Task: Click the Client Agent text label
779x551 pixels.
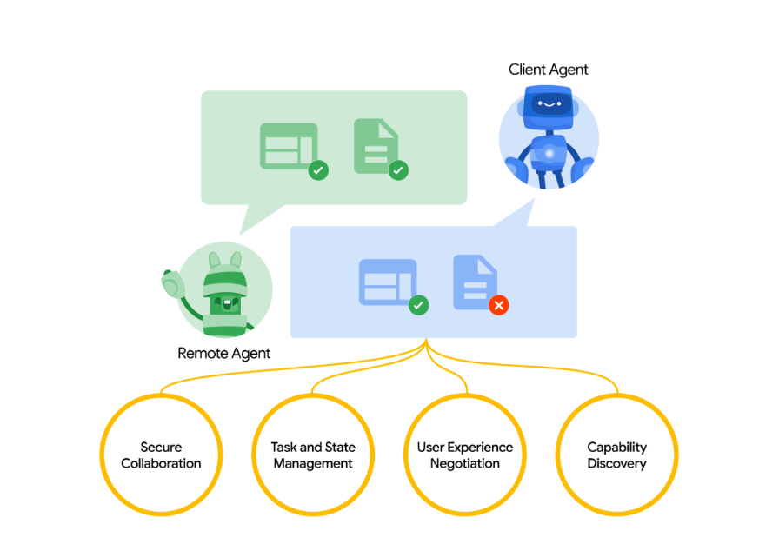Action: [x=548, y=70]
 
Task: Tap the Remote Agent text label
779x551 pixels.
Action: [x=223, y=353]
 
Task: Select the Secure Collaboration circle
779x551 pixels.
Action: [x=161, y=455]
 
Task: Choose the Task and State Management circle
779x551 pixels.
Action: [x=313, y=455]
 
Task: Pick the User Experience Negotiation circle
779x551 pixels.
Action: [x=465, y=455]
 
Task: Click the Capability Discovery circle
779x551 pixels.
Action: [x=616, y=455]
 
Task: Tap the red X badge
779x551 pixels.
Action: [x=498, y=305]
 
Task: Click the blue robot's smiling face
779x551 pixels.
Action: [x=548, y=103]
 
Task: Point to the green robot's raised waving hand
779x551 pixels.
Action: [x=171, y=282]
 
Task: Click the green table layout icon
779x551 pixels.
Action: [x=289, y=146]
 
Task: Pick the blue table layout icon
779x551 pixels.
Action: [x=388, y=282]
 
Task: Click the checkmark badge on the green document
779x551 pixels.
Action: [x=398, y=170]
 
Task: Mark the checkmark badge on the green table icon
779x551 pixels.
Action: [x=318, y=170]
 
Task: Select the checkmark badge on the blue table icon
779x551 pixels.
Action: [x=418, y=305]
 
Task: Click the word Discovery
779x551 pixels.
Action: [x=616, y=463]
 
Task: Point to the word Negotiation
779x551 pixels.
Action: [x=465, y=463]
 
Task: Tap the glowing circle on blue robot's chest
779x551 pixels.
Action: [x=549, y=154]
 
